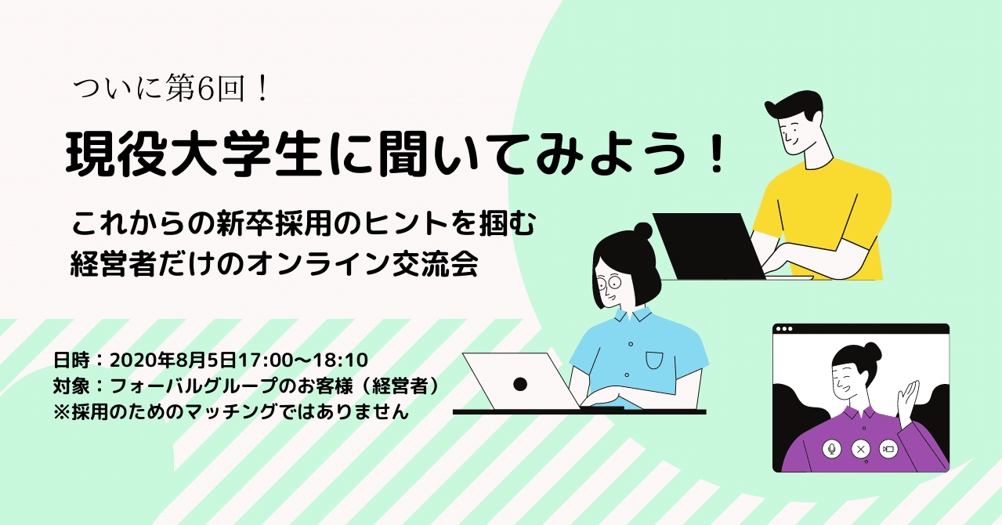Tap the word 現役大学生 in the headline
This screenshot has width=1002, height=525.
193,155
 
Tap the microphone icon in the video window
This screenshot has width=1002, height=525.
831,449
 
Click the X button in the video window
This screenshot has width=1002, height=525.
860,449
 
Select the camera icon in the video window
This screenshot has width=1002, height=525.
888,449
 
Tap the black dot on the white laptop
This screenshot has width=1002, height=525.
519,384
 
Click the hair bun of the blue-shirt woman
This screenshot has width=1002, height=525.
642,230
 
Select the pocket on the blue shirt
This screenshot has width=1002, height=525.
655,360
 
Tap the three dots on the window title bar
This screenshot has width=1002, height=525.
784,329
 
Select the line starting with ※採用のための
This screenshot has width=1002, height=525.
231,412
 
